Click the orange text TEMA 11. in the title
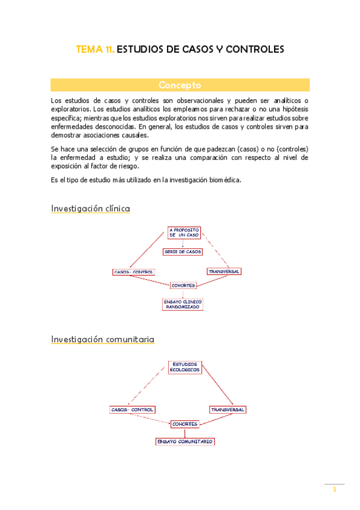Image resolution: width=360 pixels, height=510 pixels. pyautogui.click(x=94, y=49)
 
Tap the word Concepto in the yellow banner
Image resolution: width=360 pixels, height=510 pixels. pyautogui.click(x=180, y=85)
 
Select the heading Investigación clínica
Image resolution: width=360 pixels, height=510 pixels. pyautogui.click(x=90, y=209)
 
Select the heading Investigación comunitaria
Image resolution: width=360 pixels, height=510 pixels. pyautogui.click(x=102, y=339)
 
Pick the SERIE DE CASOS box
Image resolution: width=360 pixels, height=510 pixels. pyautogui.click(x=183, y=251)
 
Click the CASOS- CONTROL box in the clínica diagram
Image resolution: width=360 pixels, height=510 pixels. pyautogui.click(x=133, y=272)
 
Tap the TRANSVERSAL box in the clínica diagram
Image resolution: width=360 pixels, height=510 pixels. pyautogui.click(x=224, y=271)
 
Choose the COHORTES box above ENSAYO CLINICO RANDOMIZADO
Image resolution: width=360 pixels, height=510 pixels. pyautogui.click(x=183, y=285)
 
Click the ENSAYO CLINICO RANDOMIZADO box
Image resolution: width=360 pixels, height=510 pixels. pyautogui.click(x=183, y=304)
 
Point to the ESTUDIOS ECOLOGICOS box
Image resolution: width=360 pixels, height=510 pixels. pyautogui.click(x=185, y=367)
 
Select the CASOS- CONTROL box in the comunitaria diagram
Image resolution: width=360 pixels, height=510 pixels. pyautogui.click(x=132, y=410)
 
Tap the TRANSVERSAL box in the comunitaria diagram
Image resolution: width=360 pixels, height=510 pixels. pyautogui.click(x=227, y=410)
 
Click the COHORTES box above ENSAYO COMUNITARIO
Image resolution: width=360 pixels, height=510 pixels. pyautogui.click(x=185, y=424)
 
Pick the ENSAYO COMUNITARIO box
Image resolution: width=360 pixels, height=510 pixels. pyautogui.click(x=185, y=441)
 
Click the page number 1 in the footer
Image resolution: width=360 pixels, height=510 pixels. pyautogui.click(x=334, y=490)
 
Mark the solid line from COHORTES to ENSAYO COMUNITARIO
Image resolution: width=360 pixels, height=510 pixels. pyautogui.click(x=185, y=432)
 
